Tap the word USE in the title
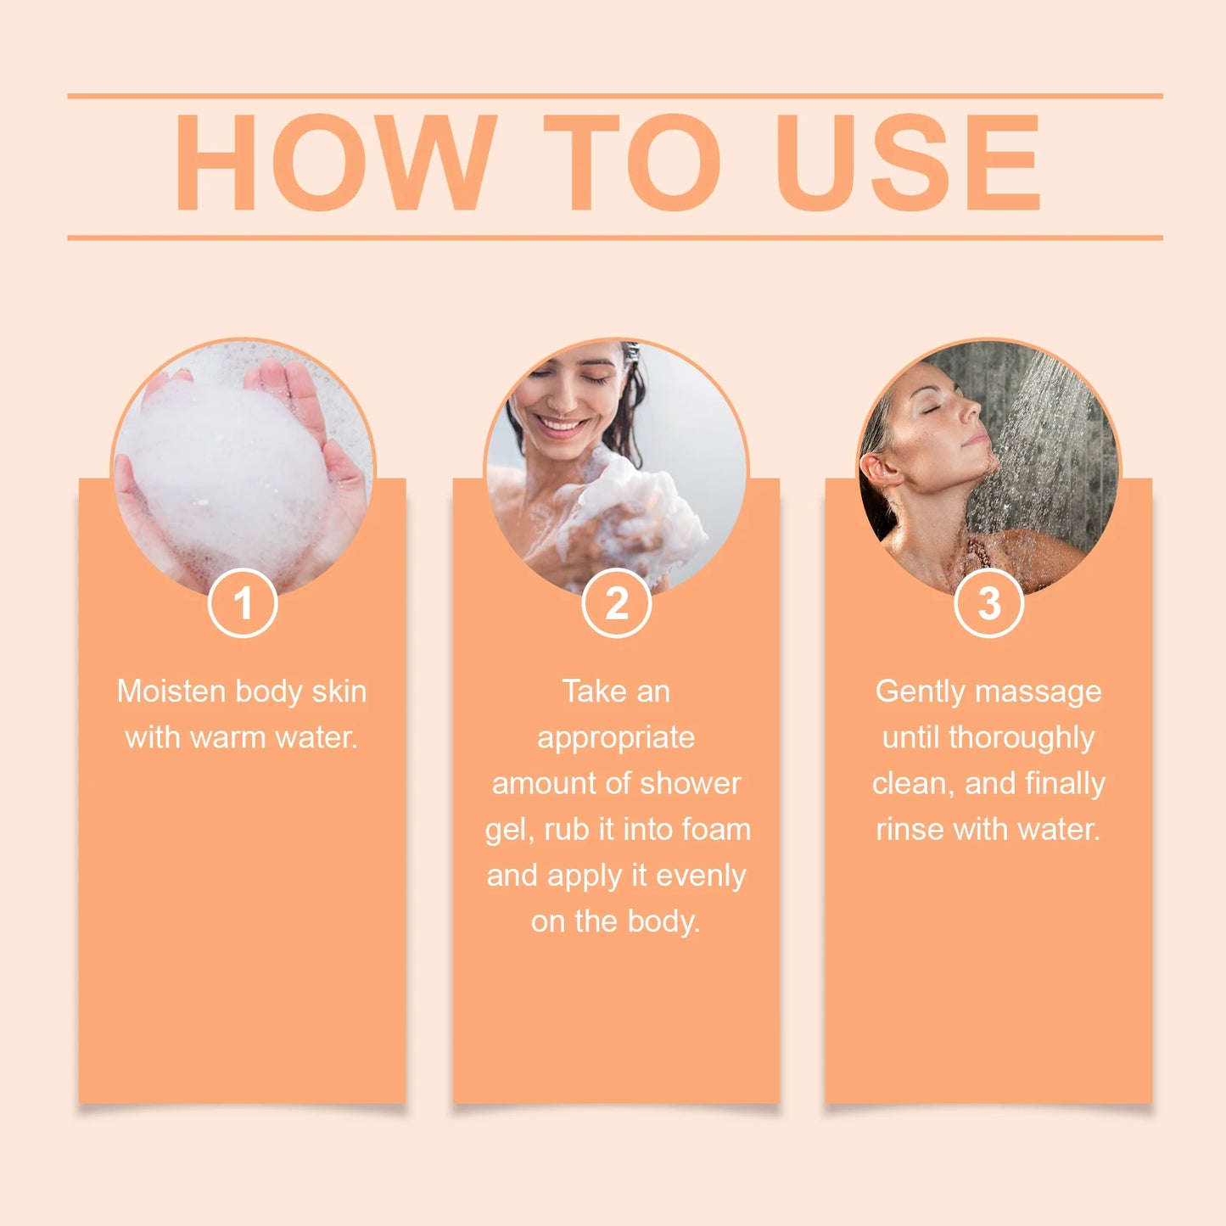point(908,162)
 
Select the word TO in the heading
point(632,162)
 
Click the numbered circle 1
point(243,603)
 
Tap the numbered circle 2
point(617,603)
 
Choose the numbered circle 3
point(988,603)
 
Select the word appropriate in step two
point(616,737)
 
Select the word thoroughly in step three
point(1022,737)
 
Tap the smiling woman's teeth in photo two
point(560,423)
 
